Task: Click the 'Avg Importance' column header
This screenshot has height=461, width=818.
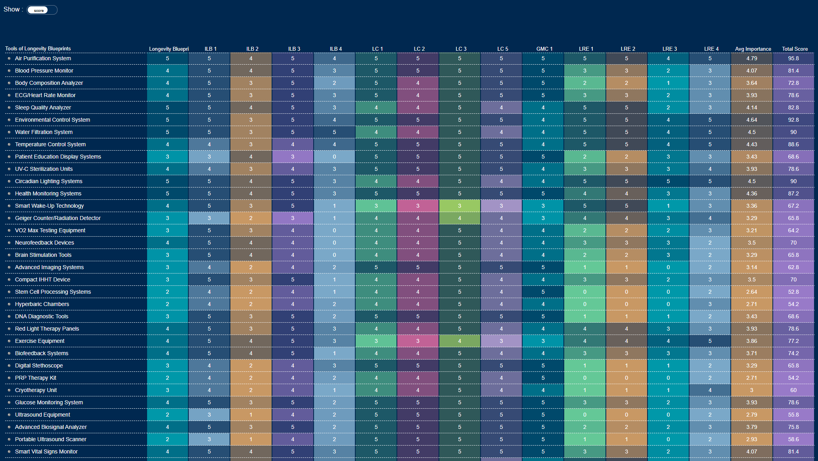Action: coord(753,49)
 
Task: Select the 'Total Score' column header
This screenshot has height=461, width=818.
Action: coord(794,49)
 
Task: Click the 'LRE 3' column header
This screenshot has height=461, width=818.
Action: coord(669,49)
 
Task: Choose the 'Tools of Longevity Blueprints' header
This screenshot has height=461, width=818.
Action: coord(38,49)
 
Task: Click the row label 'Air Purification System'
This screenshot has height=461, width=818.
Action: coord(43,58)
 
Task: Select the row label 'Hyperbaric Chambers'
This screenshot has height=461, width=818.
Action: coord(42,304)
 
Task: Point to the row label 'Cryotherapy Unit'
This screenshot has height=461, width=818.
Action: coord(36,390)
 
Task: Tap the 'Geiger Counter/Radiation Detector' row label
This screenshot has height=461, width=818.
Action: coord(57,218)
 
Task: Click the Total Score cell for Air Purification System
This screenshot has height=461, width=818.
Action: coord(793,58)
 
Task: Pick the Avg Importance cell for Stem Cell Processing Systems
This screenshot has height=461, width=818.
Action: coord(751,292)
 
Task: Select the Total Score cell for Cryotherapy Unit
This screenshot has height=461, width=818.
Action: coord(793,390)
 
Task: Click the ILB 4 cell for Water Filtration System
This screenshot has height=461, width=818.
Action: coord(334,132)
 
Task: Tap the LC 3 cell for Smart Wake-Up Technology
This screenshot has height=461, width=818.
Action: coord(460,206)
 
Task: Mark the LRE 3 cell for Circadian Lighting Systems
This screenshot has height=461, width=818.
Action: coord(668,181)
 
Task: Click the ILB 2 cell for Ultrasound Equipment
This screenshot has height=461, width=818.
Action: coord(251,415)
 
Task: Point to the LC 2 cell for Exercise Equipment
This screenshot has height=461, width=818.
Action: coord(418,341)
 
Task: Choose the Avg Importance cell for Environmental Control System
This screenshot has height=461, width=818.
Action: coord(751,120)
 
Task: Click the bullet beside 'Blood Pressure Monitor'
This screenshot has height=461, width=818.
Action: coord(9,71)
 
